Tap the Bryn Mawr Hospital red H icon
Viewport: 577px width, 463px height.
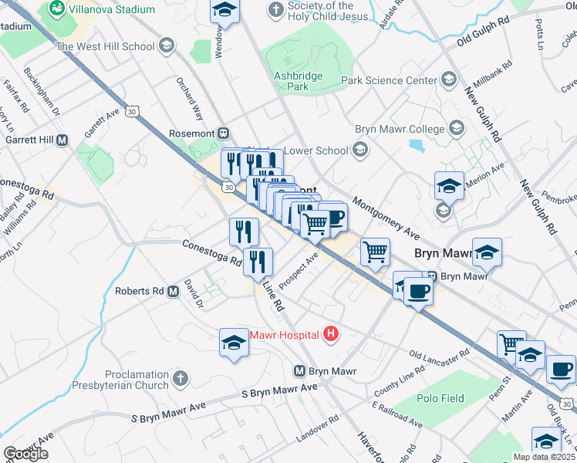331,334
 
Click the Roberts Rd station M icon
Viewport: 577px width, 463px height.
173,292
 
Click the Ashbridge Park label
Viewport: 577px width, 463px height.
292,81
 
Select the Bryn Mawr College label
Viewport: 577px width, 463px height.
400,129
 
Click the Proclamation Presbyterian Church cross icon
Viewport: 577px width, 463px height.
180,378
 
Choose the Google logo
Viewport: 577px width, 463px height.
25,454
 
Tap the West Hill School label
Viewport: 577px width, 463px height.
106,46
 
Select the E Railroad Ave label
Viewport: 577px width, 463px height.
396,414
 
